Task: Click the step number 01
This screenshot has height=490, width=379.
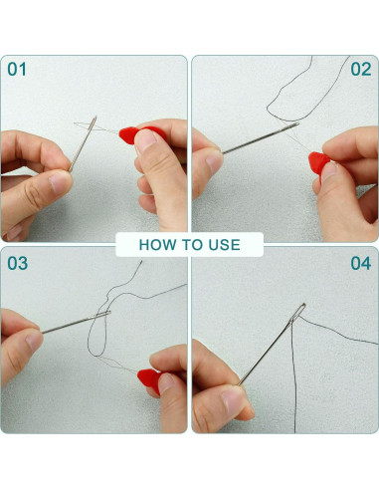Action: click(17, 70)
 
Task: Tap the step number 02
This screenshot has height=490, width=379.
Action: click(361, 70)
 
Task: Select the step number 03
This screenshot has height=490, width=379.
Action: click(18, 263)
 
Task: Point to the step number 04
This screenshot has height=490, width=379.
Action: click(361, 263)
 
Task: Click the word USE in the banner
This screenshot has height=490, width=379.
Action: click(224, 245)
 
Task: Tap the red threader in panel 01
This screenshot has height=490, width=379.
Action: click(139, 134)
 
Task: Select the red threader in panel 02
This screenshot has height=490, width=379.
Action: click(319, 164)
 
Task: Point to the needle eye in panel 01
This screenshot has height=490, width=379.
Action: click(93, 124)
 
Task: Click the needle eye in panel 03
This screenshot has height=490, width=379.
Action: click(102, 315)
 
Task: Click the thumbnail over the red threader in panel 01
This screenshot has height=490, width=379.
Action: click(145, 140)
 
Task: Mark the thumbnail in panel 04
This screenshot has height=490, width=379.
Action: click(233, 401)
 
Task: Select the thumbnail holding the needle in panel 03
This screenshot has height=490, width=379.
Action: click(34, 341)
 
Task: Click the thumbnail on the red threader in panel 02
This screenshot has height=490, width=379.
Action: click(329, 172)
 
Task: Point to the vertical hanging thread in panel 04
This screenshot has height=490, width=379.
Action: click(293, 376)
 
